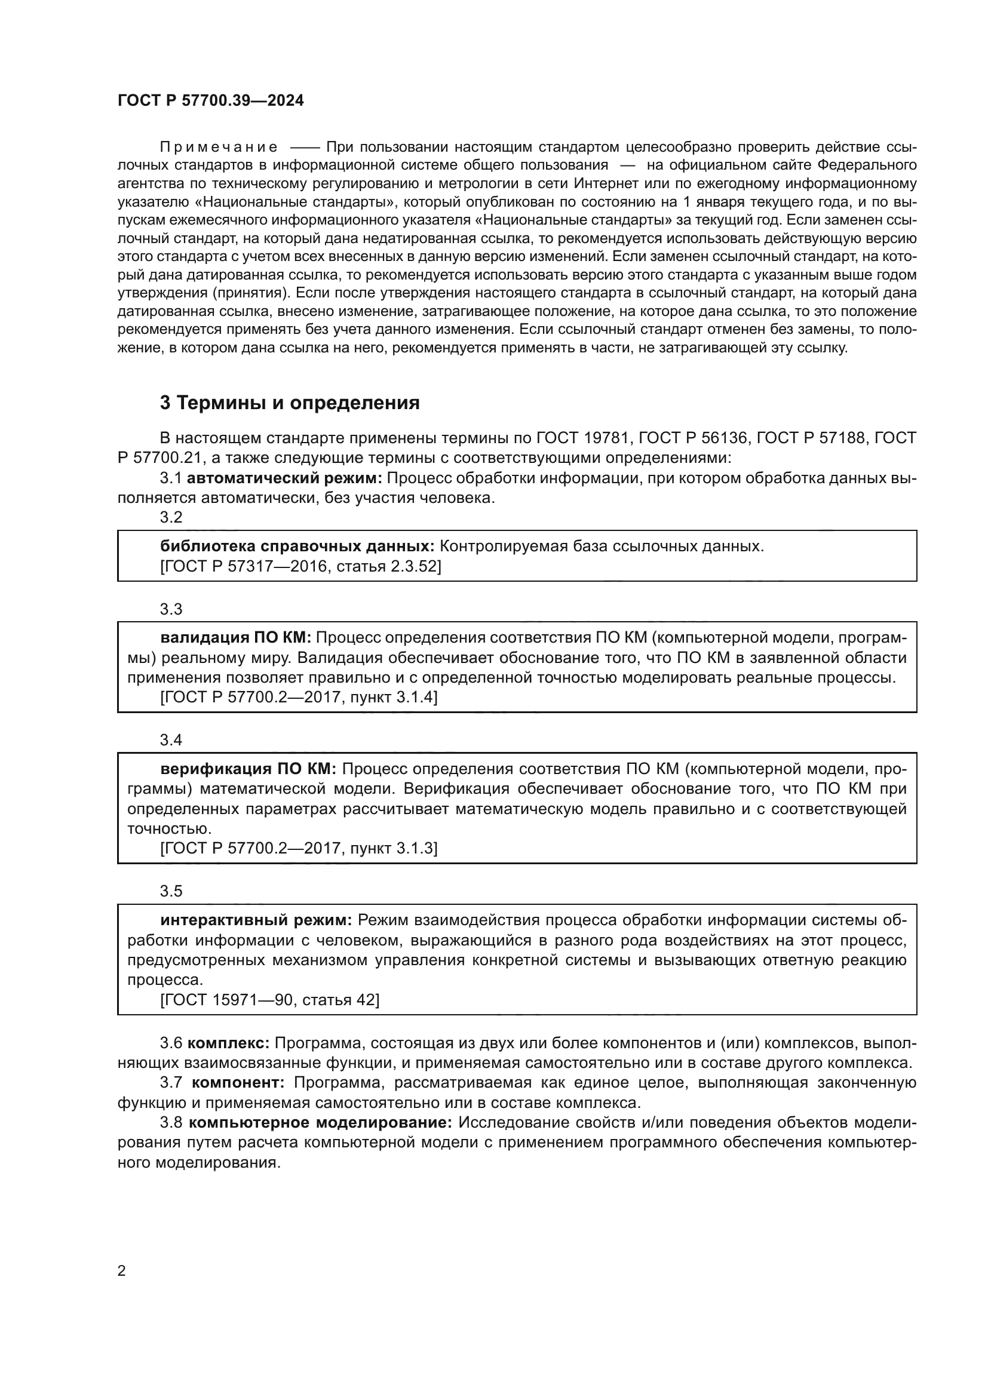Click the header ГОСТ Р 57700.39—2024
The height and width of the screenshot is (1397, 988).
click(x=210, y=101)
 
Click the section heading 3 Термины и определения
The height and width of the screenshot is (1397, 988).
click(x=290, y=403)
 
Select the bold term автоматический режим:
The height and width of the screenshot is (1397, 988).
click(x=284, y=478)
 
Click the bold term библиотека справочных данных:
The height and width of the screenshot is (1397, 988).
click(x=297, y=546)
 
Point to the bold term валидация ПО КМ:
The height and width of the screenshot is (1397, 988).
click(x=235, y=638)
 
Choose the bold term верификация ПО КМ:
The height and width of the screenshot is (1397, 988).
click(x=248, y=769)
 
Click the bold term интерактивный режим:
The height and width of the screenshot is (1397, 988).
click(x=256, y=920)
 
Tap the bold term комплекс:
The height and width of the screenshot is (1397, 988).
click(x=228, y=1043)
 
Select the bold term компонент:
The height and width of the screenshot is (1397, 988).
click(x=238, y=1083)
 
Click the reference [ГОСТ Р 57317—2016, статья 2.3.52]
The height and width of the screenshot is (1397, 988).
click(x=300, y=566)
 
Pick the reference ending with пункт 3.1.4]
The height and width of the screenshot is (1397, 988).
click(x=299, y=697)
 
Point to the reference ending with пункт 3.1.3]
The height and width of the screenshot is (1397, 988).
click(x=299, y=848)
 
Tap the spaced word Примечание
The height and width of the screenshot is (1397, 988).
click(x=219, y=148)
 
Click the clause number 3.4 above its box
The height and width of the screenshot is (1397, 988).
click(x=171, y=740)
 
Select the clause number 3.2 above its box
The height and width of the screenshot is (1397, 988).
click(x=171, y=517)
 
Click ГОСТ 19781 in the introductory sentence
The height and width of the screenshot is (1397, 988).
click(x=582, y=438)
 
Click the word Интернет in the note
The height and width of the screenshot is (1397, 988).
click(x=606, y=184)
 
